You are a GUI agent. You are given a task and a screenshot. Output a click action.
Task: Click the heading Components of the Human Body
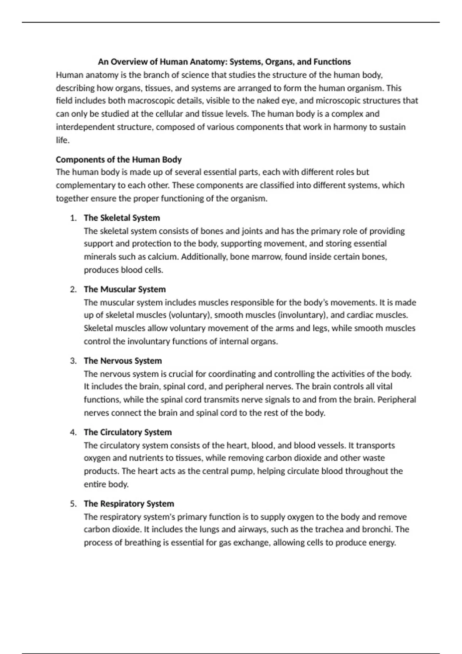[x=119, y=160]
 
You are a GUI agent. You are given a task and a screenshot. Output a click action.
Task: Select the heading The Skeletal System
[x=122, y=218]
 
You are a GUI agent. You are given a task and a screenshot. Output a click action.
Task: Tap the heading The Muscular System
[x=125, y=289]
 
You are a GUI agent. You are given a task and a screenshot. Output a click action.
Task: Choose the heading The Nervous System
[x=123, y=361]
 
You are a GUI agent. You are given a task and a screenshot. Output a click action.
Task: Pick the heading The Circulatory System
[x=128, y=432]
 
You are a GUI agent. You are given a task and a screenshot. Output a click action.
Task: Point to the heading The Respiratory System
[x=129, y=504]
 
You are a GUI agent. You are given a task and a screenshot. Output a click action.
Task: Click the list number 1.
[x=74, y=218]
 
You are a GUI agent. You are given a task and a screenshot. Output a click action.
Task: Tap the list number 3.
[x=74, y=361]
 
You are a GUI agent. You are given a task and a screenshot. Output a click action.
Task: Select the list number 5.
[x=74, y=504]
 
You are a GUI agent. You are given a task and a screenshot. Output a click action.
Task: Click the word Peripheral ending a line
[x=397, y=400]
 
